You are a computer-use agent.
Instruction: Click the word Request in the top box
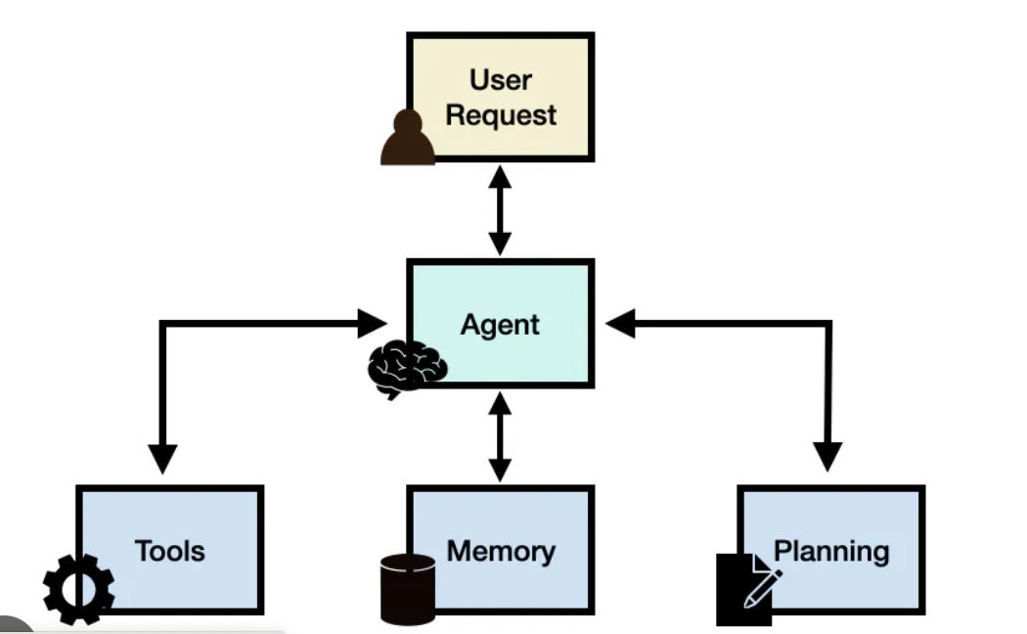[x=501, y=114]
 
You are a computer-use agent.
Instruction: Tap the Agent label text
[x=500, y=325]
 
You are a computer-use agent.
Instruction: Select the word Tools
[x=170, y=551]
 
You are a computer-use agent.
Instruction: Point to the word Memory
[x=501, y=551]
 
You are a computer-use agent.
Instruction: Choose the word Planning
[x=831, y=551]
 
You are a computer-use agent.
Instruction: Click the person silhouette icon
[x=408, y=139]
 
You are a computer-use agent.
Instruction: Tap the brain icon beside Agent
[x=407, y=368]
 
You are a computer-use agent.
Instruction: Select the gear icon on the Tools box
[x=79, y=589]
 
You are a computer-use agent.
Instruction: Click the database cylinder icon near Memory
[x=408, y=589]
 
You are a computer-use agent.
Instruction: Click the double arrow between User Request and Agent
[x=500, y=210]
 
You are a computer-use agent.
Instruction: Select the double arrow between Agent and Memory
[x=500, y=436]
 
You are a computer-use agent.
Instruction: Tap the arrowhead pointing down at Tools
[x=162, y=458]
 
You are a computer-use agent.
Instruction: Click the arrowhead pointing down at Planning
[x=827, y=456]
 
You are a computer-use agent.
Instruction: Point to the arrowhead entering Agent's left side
[x=372, y=324]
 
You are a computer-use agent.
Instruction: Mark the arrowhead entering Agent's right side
[x=620, y=324]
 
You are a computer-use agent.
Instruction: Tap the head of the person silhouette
[x=408, y=123]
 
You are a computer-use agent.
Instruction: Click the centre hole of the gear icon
[x=79, y=590]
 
